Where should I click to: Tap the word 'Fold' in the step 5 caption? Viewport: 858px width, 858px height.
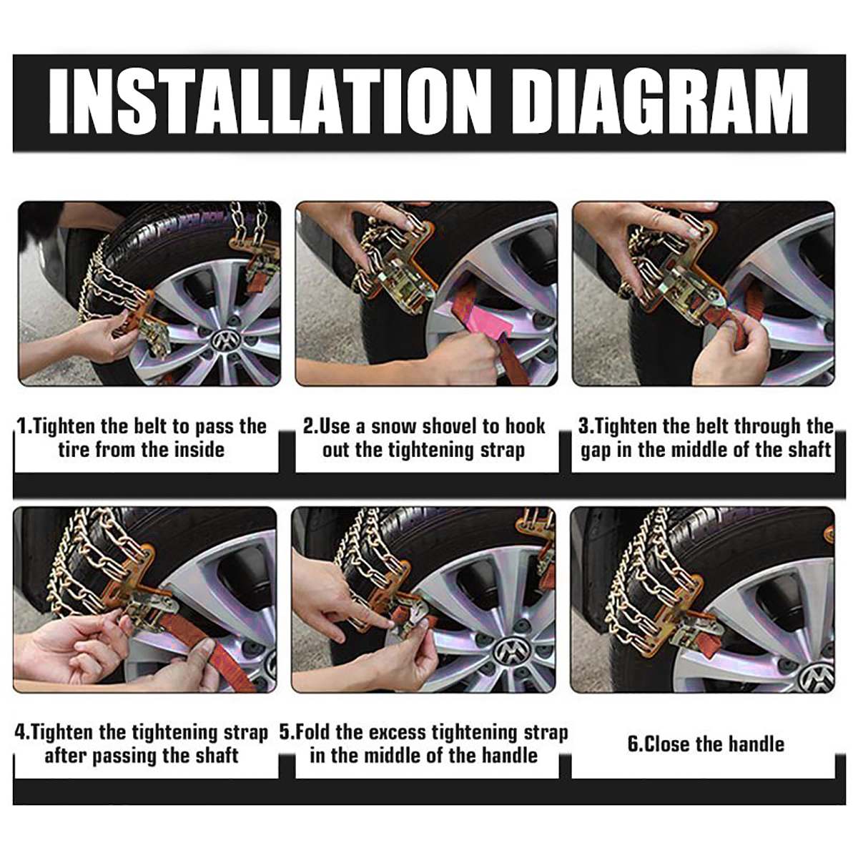(312, 732)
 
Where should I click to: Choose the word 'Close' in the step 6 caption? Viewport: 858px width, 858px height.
(668, 744)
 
